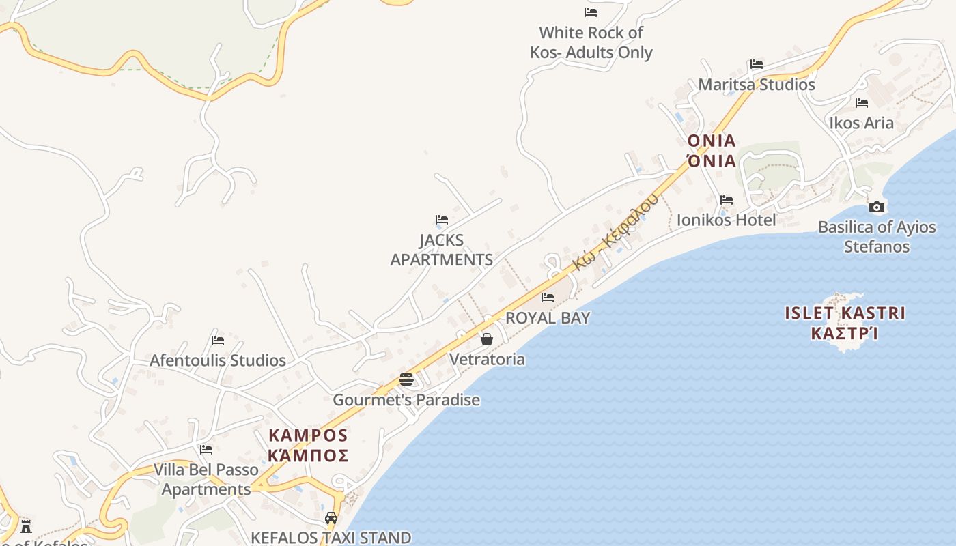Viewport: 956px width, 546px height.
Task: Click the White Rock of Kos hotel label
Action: click(x=591, y=42)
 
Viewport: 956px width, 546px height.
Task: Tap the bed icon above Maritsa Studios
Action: click(x=756, y=64)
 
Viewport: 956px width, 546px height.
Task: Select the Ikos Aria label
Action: click(x=861, y=123)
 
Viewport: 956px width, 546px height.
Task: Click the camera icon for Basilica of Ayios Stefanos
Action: click(x=877, y=207)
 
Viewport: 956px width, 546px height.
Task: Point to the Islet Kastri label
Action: click(x=845, y=323)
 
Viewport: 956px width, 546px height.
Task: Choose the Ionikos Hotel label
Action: click(x=726, y=220)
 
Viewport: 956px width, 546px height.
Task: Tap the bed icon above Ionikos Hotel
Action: click(x=726, y=200)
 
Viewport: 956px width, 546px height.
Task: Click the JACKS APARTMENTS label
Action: click(x=441, y=250)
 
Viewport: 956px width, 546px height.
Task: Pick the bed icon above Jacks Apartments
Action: click(x=442, y=220)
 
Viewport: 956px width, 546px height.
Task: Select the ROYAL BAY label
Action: click(x=548, y=318)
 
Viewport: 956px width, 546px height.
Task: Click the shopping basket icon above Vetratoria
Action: click(x=487, y=339)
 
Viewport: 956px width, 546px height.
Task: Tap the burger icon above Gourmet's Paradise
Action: click(x=406, y=379)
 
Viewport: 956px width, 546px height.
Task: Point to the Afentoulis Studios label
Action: click(x=218, y=360)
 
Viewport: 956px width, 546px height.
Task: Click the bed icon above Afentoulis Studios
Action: click(x=218, y=340)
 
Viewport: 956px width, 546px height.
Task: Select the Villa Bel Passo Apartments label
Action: click(x=206, y=479)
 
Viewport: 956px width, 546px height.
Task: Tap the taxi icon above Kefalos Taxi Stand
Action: click(x=331, y=518)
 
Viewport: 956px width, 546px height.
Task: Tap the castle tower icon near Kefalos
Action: click(x=26, y=526)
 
